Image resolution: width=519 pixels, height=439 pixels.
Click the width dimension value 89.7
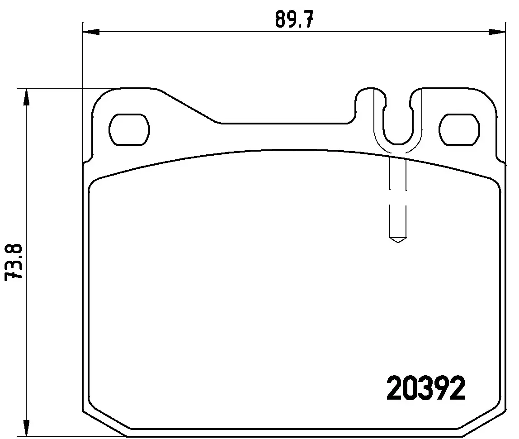tap(294, 20)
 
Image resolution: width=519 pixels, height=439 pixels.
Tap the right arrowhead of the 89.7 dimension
tap(497, 32)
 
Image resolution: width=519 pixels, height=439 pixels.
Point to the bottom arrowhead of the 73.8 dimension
tap(27, 428)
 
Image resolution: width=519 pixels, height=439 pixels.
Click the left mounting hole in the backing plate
tap(129, 129)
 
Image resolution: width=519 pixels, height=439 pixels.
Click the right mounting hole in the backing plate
tap(459, 129)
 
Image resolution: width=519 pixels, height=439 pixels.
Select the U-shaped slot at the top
tap(398, 122)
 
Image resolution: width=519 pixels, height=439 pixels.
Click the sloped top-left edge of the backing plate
tap(188, 105)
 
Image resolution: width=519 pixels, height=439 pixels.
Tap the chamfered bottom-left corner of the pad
tap(104, 424)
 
